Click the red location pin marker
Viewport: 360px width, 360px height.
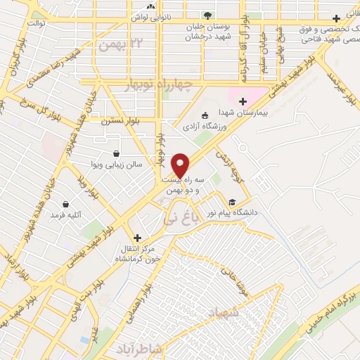pos(181,164)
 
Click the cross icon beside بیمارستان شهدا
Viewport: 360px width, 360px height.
pos(243,101)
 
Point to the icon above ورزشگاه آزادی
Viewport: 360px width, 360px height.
pos(205,115)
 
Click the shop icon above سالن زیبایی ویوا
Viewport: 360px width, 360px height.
pos(116,153)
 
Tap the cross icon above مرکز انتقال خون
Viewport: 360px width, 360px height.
pos(137,238)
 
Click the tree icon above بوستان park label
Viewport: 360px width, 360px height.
pos(207,15)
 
